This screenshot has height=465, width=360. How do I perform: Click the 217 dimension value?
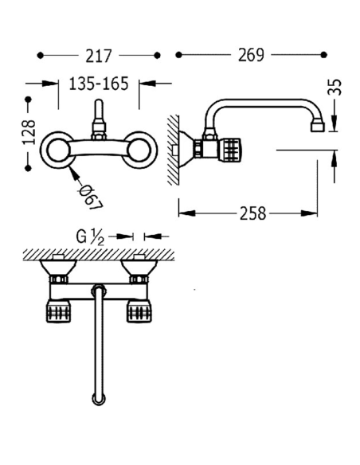[x=99, y=56]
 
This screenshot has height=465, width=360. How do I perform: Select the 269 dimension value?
[x=251, y=55]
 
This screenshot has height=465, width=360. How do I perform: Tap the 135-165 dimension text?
[x=99, y=84]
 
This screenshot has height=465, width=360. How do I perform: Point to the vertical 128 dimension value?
[x=29, y=132]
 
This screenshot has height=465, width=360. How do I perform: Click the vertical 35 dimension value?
[x=335, y=88]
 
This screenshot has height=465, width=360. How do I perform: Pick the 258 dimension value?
[x=252, y=213]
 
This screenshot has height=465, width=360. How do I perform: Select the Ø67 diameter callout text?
[x=91, y=197]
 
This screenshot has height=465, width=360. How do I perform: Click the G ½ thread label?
[x=90, y=237]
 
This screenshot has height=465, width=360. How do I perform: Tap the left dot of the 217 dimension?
[x=41, y=56]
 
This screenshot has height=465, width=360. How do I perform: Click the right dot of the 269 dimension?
[x=324, y=55]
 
